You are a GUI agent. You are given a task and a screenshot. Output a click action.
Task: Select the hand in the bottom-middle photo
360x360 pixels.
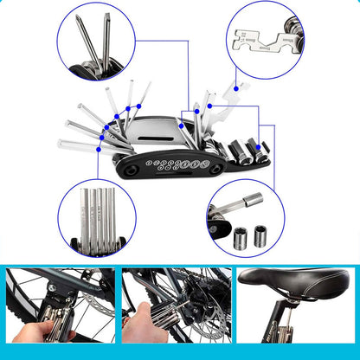pos(138,325)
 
